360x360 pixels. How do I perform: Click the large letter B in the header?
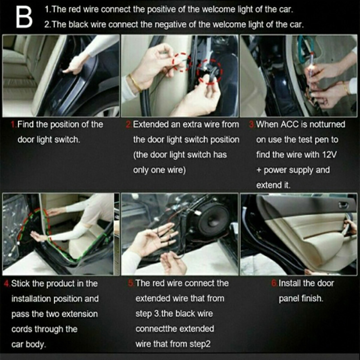click(24, 17)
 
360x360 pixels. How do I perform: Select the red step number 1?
click(13, 125)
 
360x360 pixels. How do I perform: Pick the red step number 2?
click(129, 125)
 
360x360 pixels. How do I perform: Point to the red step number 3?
click(252, 125)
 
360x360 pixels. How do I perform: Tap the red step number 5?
click(131, 283)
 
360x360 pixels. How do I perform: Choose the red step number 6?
click(274, 283)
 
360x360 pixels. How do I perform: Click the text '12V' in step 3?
click(329, 155)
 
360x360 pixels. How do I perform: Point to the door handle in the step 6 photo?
click(343, 205)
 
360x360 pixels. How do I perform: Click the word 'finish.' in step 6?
click(312, 298)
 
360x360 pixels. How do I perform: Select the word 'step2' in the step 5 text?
click(198, 344)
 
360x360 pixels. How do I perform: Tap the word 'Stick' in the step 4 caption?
click(20, 284)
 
